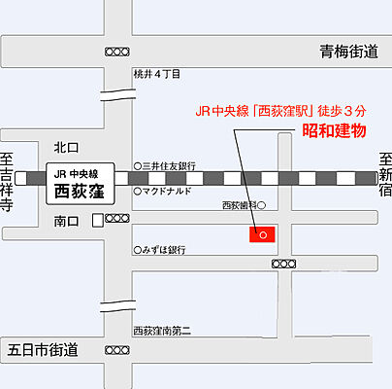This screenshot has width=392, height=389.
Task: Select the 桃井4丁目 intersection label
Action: click(157, 74)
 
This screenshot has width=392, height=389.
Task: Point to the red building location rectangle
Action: click(262, 233)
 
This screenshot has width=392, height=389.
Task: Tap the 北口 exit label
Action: click(67, 148)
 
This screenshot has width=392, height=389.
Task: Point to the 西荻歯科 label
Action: click(239, 205)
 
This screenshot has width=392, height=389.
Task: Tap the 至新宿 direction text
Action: click(384, 178)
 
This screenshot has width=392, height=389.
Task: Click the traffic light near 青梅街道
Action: click(115, 51)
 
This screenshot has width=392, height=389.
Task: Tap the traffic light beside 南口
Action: click(117, 220)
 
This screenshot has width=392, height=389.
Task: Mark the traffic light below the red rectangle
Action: click(284, 264)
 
